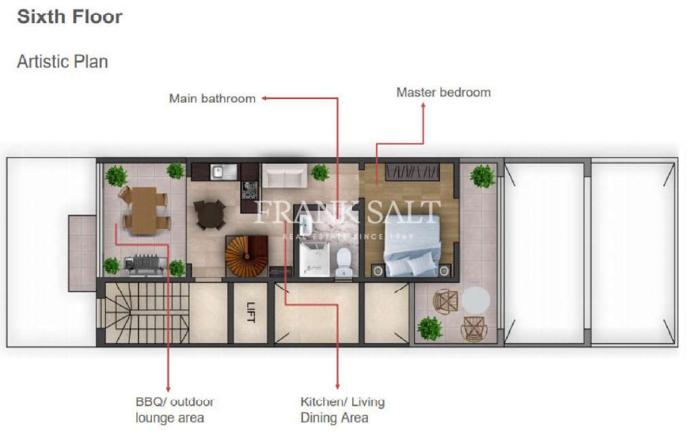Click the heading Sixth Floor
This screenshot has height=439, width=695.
70,17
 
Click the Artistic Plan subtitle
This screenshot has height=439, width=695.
62,61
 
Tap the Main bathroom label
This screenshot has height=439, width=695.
212,99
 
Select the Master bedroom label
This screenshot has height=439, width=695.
443,92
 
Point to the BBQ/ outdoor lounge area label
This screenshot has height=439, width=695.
174,410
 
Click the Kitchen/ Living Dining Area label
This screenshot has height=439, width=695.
342,410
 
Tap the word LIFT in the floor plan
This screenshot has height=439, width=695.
250,313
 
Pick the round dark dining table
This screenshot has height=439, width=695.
210,214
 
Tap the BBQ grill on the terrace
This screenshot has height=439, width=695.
145,264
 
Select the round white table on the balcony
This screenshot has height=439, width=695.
475,300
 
